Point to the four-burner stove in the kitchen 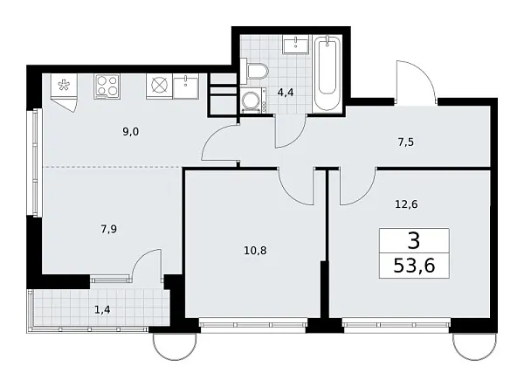(107, 86)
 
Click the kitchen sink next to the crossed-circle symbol (188, 86)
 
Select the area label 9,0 (131, 132)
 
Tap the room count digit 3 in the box (415, 238)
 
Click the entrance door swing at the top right (413, 83)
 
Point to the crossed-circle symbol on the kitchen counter (159, 86)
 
